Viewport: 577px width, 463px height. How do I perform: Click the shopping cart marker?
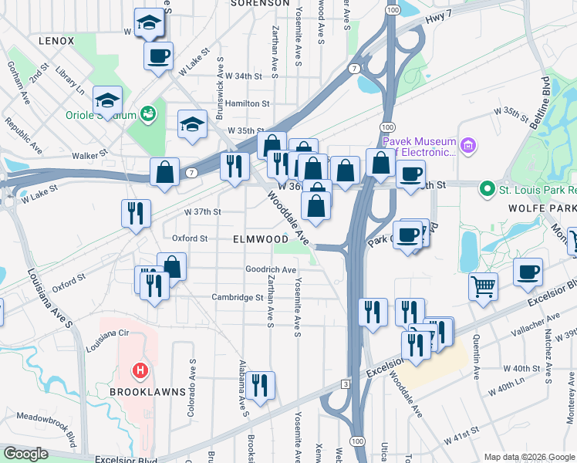click(484, 286)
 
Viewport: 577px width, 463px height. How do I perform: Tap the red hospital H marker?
click(140, 371)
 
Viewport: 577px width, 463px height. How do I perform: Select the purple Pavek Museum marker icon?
click(467, 145)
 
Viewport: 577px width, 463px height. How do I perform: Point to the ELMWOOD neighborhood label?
click(261, 240)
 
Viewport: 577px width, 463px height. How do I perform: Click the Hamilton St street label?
click(248, 103)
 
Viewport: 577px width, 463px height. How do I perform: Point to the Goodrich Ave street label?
click(271, 269)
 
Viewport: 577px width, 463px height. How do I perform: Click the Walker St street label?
click(89, 156)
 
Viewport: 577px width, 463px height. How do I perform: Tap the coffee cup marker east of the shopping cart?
click(528, 273)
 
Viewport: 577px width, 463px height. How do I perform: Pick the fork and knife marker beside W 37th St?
click(136, 212)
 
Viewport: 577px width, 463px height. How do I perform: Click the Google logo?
click(27, 455)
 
